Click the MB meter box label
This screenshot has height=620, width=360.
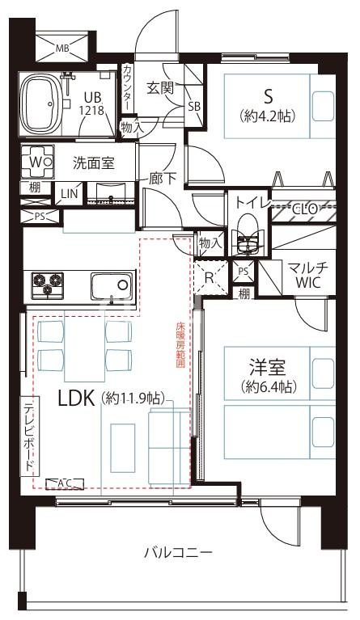(x=61, y=48)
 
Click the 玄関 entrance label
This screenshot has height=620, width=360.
(x=160, y=88)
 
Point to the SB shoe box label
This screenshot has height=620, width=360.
(x=194, y=106)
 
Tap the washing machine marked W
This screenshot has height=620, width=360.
(x=36, y=161)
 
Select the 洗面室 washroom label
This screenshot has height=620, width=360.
(x=93, y=162)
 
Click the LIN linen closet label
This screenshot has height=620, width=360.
(x=68, y=194)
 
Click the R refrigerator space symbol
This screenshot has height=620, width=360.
(x=210, y=276)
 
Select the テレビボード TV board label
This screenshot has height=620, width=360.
(x=28, y=437)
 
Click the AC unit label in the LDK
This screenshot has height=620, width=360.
(x=65, y=483)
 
